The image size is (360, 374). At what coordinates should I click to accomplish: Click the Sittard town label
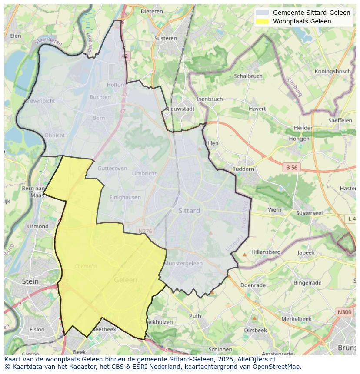click(189, 211)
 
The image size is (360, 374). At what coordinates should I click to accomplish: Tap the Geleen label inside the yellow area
click(125, 280)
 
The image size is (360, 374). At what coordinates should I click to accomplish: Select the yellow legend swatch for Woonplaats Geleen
click(262, 21)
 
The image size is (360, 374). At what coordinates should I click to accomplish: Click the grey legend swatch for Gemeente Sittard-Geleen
click(262, 13)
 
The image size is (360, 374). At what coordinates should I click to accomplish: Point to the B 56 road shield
click(291, 167)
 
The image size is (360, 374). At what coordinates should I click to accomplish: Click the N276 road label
click(144, 231)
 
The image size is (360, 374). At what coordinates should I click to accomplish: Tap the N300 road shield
click(344, 312)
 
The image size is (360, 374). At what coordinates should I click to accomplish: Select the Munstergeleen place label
click(184, 263)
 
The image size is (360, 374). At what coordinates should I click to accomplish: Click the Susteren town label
click(166, 38)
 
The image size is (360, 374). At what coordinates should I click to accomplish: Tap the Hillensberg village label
click(266, 252)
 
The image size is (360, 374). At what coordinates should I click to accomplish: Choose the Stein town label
click(30, 281)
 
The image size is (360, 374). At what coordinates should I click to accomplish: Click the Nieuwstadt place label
click(180, 109)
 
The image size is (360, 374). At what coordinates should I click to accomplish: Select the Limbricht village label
click(144, 173)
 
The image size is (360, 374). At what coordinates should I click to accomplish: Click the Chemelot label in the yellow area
click(86, 266)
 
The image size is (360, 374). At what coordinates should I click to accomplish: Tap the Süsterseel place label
click(309, 213)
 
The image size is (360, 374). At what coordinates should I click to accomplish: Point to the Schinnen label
click(220, 349)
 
